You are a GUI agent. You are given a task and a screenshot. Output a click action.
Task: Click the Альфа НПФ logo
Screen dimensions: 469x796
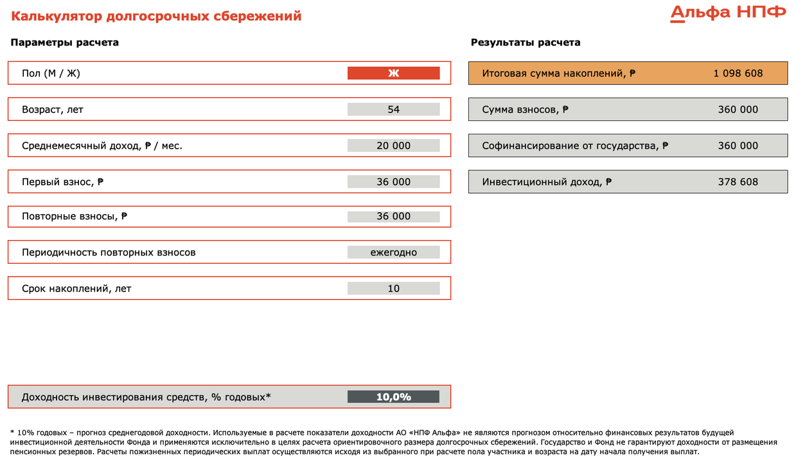pos(728,13)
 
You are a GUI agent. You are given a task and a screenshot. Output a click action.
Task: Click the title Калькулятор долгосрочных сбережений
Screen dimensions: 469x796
pos(156,16)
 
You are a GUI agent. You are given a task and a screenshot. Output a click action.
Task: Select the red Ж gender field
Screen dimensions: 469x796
pos(393,73)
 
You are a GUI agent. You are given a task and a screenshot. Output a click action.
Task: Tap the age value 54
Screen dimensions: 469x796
pos(393,109)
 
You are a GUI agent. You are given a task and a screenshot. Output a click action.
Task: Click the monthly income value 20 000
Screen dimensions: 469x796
pos(393,145)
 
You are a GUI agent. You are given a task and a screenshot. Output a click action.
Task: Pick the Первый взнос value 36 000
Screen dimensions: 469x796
pos(393,181)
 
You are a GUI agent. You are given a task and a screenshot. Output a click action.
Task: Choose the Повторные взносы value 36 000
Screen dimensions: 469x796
pos(393,216)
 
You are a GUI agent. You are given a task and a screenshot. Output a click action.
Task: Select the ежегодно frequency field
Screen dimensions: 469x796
pos(393,252)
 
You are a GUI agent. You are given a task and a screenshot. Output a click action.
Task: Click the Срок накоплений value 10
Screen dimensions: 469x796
pos(393,288)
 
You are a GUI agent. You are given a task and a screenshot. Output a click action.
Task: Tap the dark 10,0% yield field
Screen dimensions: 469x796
pos(393,397)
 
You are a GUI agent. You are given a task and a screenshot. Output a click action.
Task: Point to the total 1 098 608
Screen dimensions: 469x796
pos(738,73)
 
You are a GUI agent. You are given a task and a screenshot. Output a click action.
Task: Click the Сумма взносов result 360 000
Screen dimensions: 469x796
pos(738,109)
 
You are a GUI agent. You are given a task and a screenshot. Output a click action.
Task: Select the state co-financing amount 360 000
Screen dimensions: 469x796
pos(738,145)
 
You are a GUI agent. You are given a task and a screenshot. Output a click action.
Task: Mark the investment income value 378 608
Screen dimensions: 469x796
pos(738,181)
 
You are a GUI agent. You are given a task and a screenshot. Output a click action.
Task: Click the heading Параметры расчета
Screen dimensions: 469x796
pos(64,42)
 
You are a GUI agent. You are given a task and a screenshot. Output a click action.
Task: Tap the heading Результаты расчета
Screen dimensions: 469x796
pos(526,42)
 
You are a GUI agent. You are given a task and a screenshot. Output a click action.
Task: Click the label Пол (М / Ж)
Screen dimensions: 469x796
pos(51,73)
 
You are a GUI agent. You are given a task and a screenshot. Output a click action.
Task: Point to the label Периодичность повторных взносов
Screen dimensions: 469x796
pos(109,252)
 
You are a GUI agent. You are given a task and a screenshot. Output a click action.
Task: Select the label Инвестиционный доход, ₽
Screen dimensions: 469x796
pos(547,181)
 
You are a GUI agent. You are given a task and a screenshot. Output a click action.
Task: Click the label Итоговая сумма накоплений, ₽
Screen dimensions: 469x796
pos(559,73)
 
